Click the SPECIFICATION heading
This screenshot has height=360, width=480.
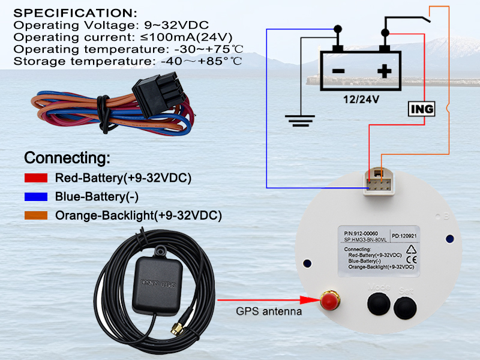[x=75, y=13]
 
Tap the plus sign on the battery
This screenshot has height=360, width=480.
[x=384, y=71]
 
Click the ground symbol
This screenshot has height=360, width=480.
[x=298, y=122]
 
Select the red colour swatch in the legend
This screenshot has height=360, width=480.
[x=37, y=178]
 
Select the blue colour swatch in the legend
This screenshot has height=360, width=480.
[x=37, y=197]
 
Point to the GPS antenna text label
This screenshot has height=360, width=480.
[x=269, y=311]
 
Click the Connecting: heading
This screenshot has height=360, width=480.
[x=67, y=158]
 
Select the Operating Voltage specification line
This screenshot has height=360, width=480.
[x=111, y=25]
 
